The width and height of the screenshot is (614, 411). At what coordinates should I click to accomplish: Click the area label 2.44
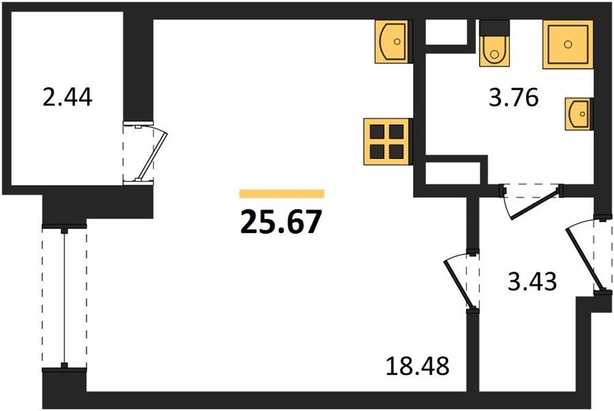point(67,97)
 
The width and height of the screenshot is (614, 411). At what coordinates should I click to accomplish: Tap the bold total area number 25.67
point(281,221)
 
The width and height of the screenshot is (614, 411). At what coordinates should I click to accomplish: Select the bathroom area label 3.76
point(514,97)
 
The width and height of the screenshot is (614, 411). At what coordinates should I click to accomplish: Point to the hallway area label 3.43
point(532,282)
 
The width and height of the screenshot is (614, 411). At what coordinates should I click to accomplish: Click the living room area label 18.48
point(417,366)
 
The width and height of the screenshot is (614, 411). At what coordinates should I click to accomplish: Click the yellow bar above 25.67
point(282,194)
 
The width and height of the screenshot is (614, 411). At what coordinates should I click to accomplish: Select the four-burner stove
point(388,141)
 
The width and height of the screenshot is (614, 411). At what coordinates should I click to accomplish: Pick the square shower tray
point(568,45)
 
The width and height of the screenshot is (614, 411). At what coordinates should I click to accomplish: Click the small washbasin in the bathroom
point(578,114)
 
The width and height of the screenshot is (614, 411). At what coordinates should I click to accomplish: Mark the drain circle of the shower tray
point(568,45)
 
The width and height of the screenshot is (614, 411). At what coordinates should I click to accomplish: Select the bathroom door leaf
point(534,205)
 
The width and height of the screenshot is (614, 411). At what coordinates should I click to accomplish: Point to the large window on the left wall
point(64,297)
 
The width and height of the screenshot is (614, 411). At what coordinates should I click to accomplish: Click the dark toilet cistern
point(495,28)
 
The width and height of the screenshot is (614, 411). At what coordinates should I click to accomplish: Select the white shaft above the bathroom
point(446,32)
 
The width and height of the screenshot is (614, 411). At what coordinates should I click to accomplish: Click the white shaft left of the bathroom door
point(453,173)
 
